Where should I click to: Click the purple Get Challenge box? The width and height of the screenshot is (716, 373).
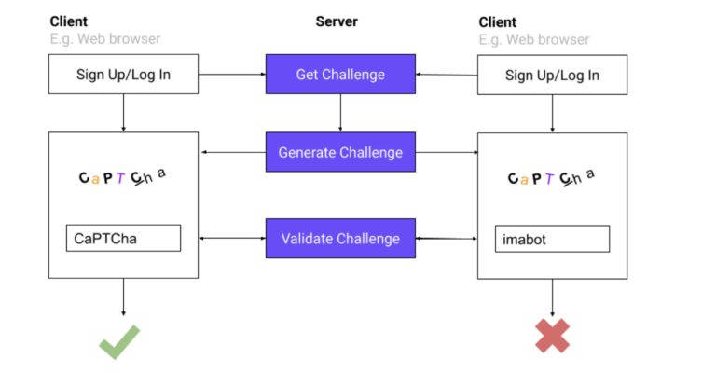pos(340,75)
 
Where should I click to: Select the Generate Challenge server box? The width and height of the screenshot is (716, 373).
pos(340,152)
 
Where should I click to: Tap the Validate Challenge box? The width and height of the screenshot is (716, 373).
pos(340,239)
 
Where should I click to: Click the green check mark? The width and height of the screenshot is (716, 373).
pos(119,340)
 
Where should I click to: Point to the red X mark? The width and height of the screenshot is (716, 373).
pos(552,336)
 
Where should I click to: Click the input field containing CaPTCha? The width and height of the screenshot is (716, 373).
pos(123,239)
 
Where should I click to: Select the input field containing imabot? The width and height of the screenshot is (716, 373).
pos(552,239)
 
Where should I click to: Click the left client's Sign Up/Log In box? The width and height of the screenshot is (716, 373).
pos(123,75)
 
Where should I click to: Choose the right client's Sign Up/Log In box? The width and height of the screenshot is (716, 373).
pos(552,75)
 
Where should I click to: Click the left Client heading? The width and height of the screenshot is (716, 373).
pos(70,21)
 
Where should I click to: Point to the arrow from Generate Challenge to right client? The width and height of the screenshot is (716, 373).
pos(446,152)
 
